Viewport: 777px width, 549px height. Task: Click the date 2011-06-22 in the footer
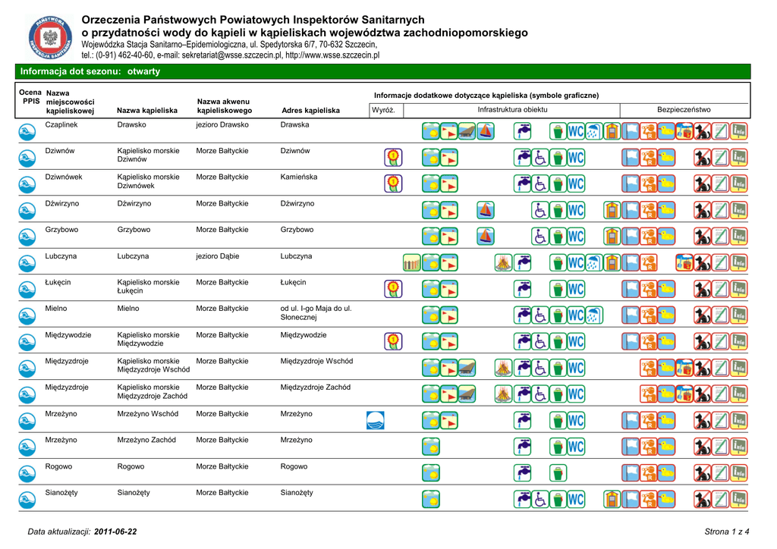116,532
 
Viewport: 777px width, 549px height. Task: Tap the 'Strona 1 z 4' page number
727,532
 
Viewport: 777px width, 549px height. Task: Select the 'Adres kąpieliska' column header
310,111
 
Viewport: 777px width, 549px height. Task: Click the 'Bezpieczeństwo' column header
684,110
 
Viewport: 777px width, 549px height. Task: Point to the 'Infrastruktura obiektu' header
512,110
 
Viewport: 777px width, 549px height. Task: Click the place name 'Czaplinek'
61,124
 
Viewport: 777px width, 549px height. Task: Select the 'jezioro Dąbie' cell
217,256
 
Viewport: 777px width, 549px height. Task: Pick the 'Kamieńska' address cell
298,177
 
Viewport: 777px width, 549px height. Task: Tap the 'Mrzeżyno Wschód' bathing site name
147,414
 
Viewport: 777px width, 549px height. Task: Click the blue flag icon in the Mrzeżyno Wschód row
375,420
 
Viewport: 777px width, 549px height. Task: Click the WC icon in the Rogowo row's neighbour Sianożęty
576,499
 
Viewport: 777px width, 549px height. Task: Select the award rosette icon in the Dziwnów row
393,157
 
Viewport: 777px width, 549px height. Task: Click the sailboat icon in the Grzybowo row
486,236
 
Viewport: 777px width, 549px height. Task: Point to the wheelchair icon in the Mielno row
539,315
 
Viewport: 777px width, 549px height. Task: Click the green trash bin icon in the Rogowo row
558,472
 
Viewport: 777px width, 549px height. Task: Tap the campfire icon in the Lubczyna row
503,262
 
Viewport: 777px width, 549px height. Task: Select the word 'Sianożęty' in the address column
297,493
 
